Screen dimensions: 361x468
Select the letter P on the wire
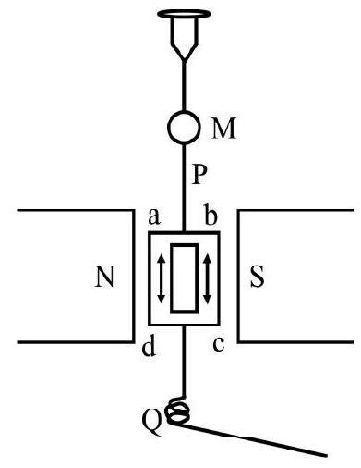pyautogui.click(x=201, y=173)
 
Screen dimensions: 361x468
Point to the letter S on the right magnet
pyautogui.click(x=259, y=279)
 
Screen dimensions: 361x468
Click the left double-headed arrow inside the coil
pyautogui.click(x=162, y=278)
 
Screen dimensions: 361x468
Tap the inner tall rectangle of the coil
pyautogui.click(x=184, y=277)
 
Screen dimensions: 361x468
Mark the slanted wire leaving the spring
pyautogui.click(x=259, y=441)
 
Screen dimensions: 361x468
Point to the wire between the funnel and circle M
pyautogui.click(x=183, y=83)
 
